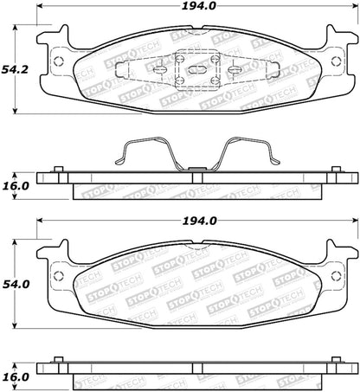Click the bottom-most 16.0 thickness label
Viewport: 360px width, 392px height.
click(17, 377)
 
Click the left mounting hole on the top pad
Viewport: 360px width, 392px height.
click(57, 61)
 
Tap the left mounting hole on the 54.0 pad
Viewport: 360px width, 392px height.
click(57, 276)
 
